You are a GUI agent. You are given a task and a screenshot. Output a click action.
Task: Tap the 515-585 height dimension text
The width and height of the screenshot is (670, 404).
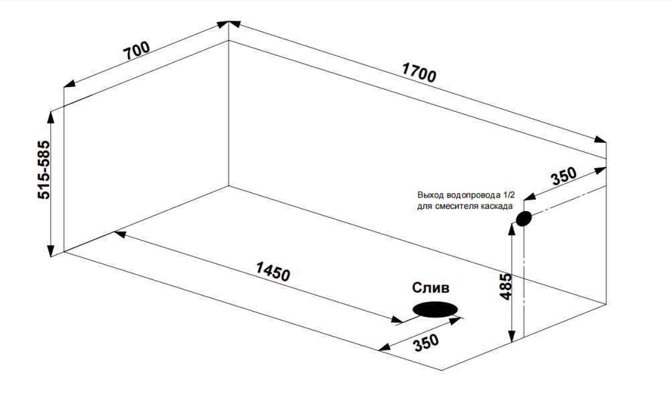click(43, 170)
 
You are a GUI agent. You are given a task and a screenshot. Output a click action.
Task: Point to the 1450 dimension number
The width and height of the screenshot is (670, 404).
click(273, 272)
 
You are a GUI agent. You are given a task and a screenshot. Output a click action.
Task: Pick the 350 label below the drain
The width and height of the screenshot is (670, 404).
click(426, 344)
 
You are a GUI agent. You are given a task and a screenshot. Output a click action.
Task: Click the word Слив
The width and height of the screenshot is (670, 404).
click(431, 287)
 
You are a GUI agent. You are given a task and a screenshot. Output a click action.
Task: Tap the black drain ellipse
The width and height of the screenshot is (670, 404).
click(435, 310)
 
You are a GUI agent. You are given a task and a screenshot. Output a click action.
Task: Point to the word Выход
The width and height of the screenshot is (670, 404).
click(429, 195)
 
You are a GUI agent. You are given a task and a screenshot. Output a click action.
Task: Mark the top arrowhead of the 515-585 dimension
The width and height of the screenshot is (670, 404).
click(51, 117)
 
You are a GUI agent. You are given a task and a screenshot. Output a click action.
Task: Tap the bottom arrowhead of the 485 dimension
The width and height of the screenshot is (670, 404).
click(513, 336)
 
